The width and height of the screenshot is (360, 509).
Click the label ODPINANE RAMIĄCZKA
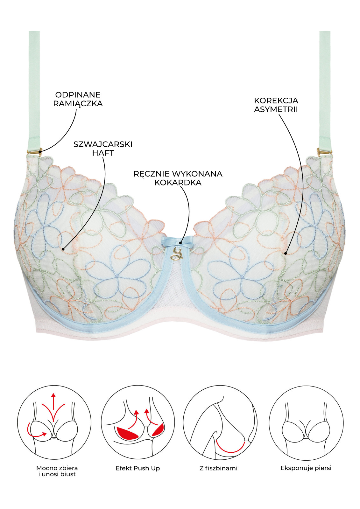tap(78, 99)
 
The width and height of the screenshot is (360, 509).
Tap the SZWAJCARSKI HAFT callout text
tap(103, 149)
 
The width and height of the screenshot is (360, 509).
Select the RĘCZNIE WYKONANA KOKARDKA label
tap(178, 178)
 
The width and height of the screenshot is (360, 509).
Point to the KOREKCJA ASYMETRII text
tap(276, 105)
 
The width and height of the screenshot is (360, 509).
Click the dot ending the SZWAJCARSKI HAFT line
tap(63, 249)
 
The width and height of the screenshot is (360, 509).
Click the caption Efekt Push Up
tap(138, 468)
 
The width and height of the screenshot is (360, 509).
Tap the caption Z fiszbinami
tap(218, 468)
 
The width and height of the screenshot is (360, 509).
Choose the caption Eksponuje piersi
tap(306, 468)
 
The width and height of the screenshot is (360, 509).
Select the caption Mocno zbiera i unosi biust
tap(57, 471)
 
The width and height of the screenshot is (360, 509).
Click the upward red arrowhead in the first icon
tap(53, 395)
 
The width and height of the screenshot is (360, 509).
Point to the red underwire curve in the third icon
tap(230, 449)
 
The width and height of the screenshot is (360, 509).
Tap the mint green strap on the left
tap(34, 89)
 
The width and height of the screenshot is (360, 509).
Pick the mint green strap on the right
tap(325, 89)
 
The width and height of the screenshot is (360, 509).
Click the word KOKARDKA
tap(178, 183)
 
